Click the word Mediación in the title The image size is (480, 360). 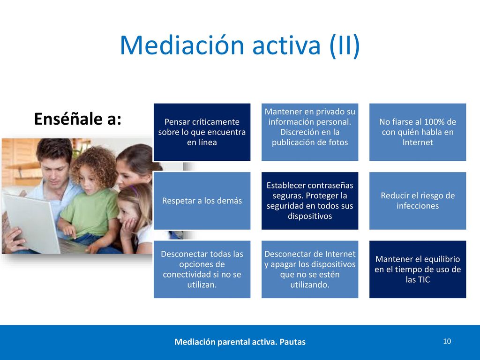pyautogui.click(x=182, y=45)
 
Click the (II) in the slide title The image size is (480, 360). pyautogui.click(x=345, y=46)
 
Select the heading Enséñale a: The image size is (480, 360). pyautogui.click(x=78, y=119)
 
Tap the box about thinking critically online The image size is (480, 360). pyautogui.click(x=202, y=132)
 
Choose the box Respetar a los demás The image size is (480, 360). pyautogui.click(x=202, y=201)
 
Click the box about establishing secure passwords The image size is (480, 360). pyautogui.click(x=310, y=201)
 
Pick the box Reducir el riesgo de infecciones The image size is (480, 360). pyautogui.click(x=418, y=201)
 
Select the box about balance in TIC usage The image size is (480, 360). pyautogui.click(x=418, y=269)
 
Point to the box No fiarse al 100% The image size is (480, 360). pyautogui.click(x=418, y=132)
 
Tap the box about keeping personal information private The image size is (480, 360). pyautogui.click(x=310, y=132)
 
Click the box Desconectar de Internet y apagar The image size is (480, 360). pyautogui.click(x=310, y=269)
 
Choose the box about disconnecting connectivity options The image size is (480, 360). pyautogui.click(x=202, y=269)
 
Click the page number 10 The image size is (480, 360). pyautogui.click(x=447, y=341)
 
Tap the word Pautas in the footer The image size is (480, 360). pyautogui.click(x=292, y=342)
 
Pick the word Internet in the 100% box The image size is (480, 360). pyautogui.click(x=418, y=142)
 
